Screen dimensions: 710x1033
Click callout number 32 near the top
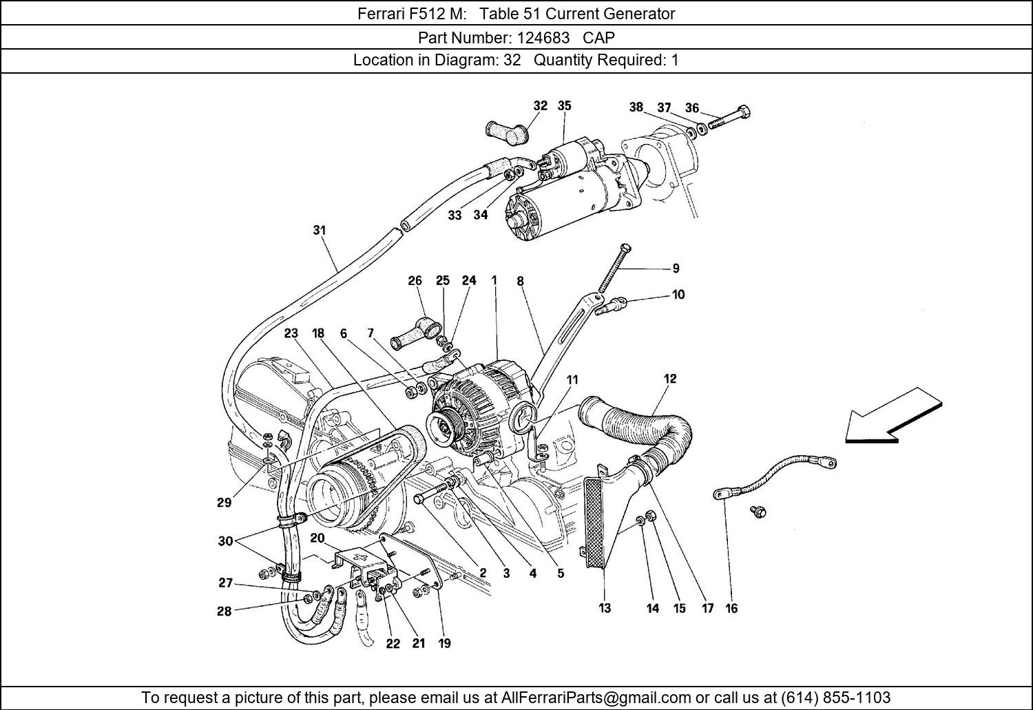point(540,105)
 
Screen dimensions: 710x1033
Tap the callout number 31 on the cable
point(319,231)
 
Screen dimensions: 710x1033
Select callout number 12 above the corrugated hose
point(669,378)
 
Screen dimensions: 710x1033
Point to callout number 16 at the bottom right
point(731,608)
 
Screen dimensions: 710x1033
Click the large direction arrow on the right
point(893,415)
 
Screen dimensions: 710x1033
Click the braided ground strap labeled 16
point(775,477)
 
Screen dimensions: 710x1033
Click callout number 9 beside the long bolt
point(676,269)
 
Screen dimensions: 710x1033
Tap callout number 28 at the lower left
point(224,611)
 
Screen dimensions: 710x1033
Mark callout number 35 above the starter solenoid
point(564,105)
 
